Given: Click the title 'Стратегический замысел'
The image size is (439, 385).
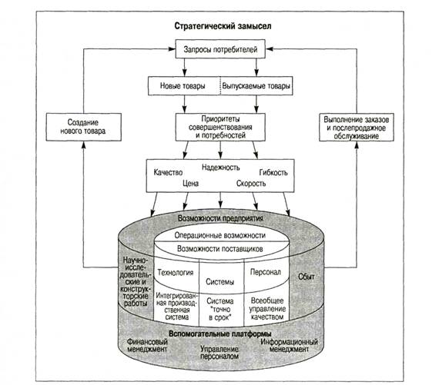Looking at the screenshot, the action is [x=223, y=26].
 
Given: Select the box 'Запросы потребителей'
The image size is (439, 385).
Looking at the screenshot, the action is [x=220, y=49].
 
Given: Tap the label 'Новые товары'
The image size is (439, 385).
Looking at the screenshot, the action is [x=183, y=85].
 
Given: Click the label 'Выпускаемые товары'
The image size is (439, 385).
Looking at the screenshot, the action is [x=256, y=86].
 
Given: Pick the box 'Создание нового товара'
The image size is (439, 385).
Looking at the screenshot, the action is [x=83, y=127].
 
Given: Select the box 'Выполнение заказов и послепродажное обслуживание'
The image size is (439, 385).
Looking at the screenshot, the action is [x=357, y=127].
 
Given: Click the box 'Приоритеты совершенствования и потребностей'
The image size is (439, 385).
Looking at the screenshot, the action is [x=220, y=127].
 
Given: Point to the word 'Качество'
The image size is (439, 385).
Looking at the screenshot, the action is [x=168, y=172].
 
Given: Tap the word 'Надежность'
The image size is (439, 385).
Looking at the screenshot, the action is [x=220, y=168].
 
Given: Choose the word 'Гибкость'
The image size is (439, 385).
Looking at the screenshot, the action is [x=273, y=172].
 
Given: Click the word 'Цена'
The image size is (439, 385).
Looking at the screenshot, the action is [x=191, y=184].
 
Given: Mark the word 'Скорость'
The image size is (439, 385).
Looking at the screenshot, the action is [x=251, y=184].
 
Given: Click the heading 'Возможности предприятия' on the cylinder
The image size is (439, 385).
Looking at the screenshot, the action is [x=220, y=218].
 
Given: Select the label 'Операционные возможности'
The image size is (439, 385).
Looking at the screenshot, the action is [x=219, y=235].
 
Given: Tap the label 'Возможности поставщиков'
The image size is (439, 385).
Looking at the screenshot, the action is [x=219, y=248].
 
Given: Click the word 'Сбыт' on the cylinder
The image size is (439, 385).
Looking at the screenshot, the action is [x=307, y=277].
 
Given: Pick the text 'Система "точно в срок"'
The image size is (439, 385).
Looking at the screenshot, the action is [x=219, y=309].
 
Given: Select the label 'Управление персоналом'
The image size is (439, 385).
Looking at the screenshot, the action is [x=219, y=353].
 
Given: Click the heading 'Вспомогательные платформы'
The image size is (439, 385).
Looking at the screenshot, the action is [x=220, y=334].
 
